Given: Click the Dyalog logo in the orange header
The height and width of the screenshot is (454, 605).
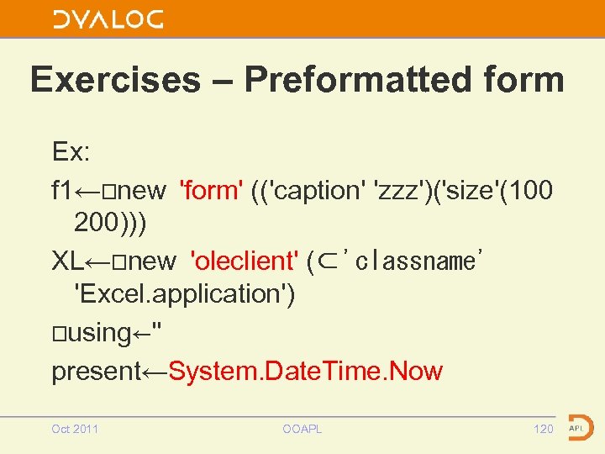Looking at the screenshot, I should point(108,19).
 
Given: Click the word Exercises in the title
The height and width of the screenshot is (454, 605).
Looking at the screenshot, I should point(115,80).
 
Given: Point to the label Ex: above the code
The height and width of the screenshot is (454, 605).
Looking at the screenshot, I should point(71,152).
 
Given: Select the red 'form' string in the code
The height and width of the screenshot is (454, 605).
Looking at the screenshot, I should point(212,191).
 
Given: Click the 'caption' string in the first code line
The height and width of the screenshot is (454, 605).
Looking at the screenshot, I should point(311,191).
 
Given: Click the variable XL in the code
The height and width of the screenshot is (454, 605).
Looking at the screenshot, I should point(67,261).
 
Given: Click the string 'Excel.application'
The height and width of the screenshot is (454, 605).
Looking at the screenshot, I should point(184,294).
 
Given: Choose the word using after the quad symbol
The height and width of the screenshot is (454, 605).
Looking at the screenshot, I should point(98,333).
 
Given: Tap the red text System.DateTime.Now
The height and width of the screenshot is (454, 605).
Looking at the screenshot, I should point(305,371).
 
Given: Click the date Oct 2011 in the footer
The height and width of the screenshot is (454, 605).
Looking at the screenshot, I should point(75,429).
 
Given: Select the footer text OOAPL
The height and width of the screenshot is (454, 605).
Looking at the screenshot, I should point(302,429).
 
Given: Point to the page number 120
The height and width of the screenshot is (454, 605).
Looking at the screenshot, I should point(544,429).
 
